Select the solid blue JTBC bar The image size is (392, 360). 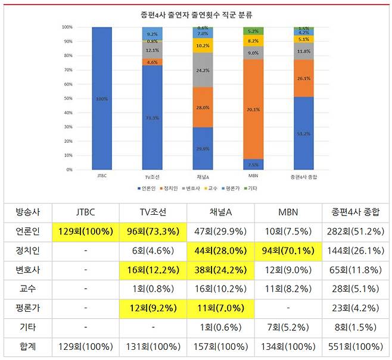(101, 98)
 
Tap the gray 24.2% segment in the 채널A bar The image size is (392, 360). (202, 70)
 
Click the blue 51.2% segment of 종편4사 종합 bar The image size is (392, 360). (304, 133)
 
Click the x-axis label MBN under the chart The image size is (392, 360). (253, 177)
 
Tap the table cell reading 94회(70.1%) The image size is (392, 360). (288, 251)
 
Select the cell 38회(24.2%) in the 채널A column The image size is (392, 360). (220, 270)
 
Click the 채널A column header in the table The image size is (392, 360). (220, 212)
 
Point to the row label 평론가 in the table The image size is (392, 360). (26, 309)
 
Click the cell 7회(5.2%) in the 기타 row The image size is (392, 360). (288, 328)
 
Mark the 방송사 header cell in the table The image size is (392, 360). (26, 212)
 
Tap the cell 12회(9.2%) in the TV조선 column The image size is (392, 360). (153, 309)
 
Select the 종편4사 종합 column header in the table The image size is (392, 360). (355, 212)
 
